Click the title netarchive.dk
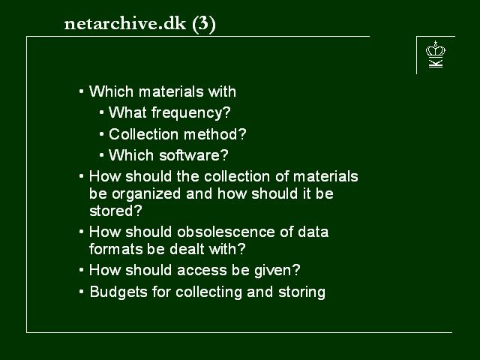tap(125, 23)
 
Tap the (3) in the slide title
tap(204, 24)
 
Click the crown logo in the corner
tap(436, 49)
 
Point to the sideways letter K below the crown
tap(436, 63)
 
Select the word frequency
tap(191, 113)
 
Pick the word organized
tap(146, 194)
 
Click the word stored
tap(115, 211)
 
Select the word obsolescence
tap(226, 232)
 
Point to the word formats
tap(117, 249)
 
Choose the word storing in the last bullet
tap(301, 292)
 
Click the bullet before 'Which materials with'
tap(81, 91)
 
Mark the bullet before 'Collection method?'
tap(102, 134)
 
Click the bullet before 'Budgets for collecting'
tap(81, 292)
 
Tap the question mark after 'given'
tap(296, 270)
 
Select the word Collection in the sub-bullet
tap(143, 134)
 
